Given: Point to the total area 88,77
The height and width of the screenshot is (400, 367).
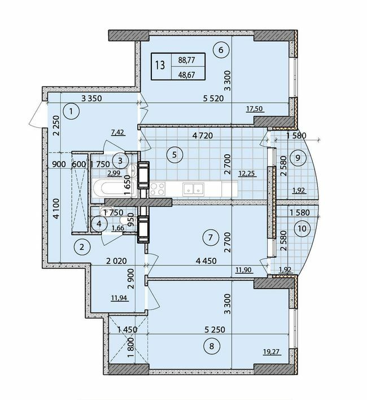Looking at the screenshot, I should click(x=185, y=58).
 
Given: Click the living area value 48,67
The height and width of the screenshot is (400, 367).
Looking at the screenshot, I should click(x=185, y=72).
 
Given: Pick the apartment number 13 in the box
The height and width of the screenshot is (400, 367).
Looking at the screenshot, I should click(x=160, y=65).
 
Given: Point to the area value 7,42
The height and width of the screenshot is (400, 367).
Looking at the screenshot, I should click(x=117, y=132).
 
